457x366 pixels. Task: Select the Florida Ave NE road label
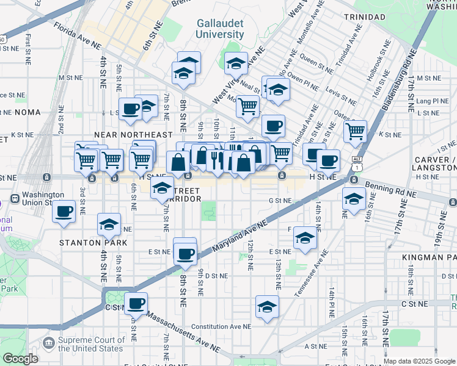77,36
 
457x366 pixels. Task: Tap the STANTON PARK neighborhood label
93,242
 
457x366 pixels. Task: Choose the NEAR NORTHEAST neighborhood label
133,134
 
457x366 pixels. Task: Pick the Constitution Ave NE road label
221,327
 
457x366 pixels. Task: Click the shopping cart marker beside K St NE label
355,131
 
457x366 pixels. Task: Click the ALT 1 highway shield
357,162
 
